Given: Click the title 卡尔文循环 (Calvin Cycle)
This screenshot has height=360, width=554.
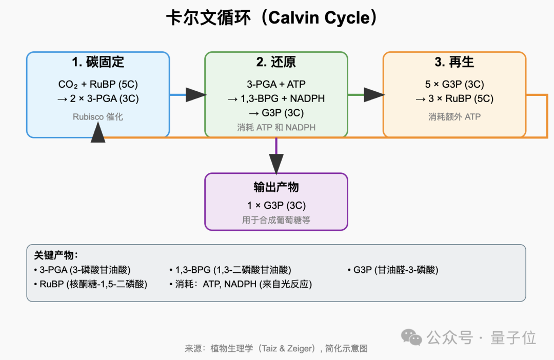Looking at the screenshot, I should pos(272,19).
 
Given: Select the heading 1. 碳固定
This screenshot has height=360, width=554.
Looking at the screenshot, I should pos(98,63).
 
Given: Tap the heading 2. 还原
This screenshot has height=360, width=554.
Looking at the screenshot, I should pos(276,63).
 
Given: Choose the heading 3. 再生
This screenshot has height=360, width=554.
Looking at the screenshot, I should pos(454,63).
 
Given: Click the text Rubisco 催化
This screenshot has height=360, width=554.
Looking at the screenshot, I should pos(97,117).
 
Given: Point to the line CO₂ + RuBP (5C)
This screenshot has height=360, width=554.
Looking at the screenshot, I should pos(98,84).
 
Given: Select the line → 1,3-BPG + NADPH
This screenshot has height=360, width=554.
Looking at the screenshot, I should pos(276,98).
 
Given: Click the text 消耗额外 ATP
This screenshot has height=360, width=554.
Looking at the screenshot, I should pos(454,117).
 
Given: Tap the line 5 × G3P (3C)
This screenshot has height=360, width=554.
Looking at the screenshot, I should pos(454,84).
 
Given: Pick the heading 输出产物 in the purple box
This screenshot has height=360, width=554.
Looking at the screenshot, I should pos(276,187).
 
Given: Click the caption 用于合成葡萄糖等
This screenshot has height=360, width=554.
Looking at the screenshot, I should pos(276,221).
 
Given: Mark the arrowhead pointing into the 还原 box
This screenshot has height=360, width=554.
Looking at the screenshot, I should pos(195,94).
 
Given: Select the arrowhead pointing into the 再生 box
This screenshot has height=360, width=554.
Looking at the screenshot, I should pos(374,94).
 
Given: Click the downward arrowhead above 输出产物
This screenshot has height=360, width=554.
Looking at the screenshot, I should pos(276,164).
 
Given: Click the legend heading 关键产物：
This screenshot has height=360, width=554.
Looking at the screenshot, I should pos(56,255).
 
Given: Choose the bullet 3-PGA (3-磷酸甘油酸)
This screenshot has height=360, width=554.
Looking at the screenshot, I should pos(82,270).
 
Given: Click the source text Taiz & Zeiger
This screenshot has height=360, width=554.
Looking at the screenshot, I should pos(287,349).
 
